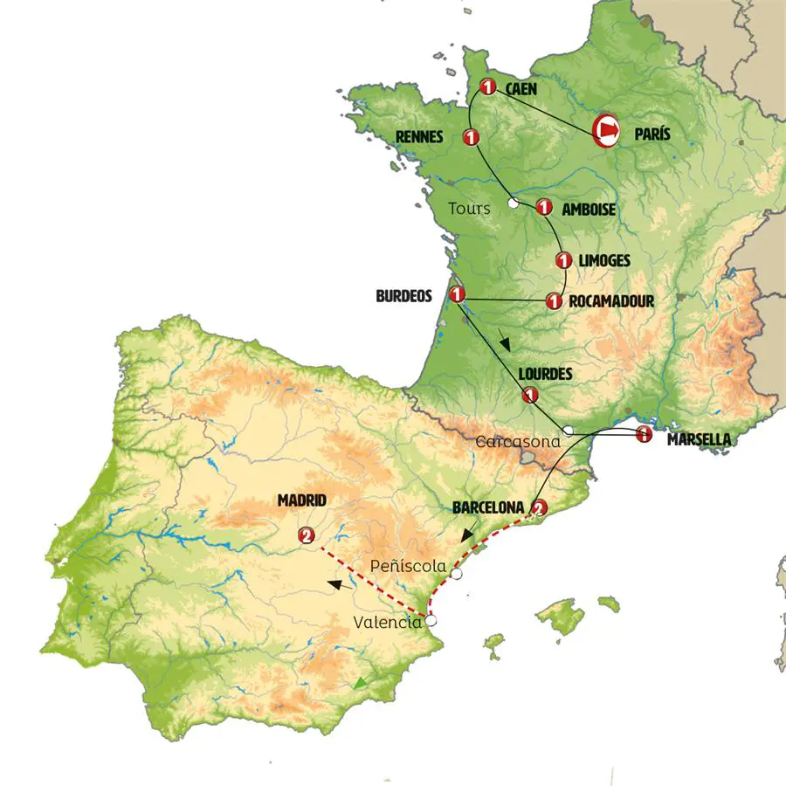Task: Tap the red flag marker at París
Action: (x=606, y=129)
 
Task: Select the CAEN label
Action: (x=521, y=88)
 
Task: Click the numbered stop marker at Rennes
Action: (x=472, y=137)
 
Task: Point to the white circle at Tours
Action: (x=514, y=203)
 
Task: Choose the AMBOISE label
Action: (x=589, y=210)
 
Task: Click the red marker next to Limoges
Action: (x=564, y=260)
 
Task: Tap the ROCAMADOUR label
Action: (x=610, y=301)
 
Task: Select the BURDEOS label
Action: (x=403, y=296)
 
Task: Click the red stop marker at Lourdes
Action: (x=529, y=396)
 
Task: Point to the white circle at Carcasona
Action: (x=568, y=430)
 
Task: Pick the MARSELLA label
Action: (x=699, y=440)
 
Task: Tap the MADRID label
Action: (x=302, y=500)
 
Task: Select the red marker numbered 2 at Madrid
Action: (x=306, y=535)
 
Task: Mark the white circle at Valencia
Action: (x=430, y=620)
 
